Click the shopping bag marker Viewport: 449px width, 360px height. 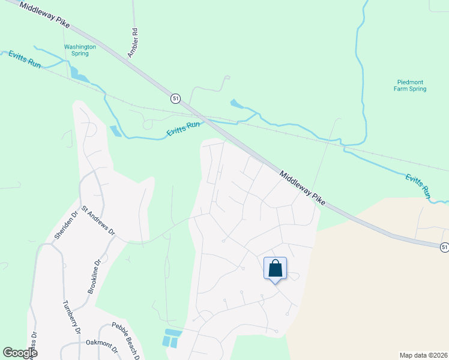click(275, 268)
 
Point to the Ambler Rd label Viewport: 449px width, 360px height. click(132, 43)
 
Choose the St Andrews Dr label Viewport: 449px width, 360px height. click(98, 223)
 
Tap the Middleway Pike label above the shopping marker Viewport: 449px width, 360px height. click(303, 186)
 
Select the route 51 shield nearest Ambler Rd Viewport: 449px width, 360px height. click(175, 98)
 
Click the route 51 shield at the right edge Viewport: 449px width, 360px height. click(444, 247)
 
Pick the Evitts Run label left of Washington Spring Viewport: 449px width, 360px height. click(25, 59)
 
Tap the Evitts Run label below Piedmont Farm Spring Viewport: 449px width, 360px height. click(418, 186)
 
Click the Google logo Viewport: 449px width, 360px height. click(20, 353)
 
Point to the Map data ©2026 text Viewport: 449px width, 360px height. click(423, 355)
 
